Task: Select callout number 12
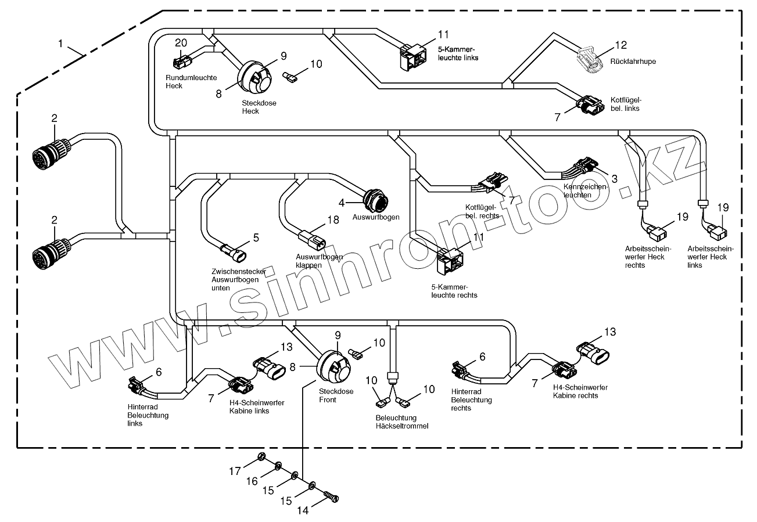[x=621, y=44]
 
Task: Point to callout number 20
[x=181, y=42]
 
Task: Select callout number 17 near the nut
[x=235, y=471]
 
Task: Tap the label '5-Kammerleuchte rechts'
[x=454, y=291]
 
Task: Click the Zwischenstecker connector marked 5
[x=235, y=253]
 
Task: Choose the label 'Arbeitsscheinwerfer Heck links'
[x=710, y=257]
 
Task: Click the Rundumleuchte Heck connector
[x=181, y=60]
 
